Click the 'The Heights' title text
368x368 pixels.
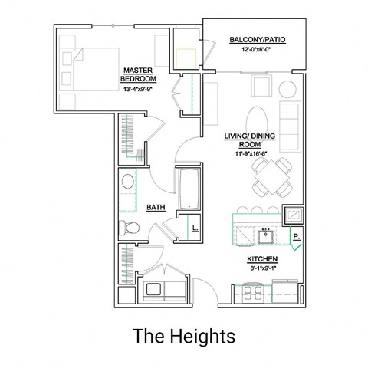click(x=183, y=335)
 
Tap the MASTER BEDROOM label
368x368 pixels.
click(x=140, y=74)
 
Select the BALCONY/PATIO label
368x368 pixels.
click(x=257, y=40)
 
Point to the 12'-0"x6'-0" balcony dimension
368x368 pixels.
click(x=257, y=50)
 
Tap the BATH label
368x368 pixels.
click(x=156, y=208)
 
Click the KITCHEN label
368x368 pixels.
click(x=262, y=259)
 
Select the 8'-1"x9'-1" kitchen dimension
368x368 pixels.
click(x=262, y=269)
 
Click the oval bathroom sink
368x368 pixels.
click(x=127, y=183)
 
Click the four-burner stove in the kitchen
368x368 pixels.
click(x=252, y=293)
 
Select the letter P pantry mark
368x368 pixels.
click(x=295, y=237)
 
